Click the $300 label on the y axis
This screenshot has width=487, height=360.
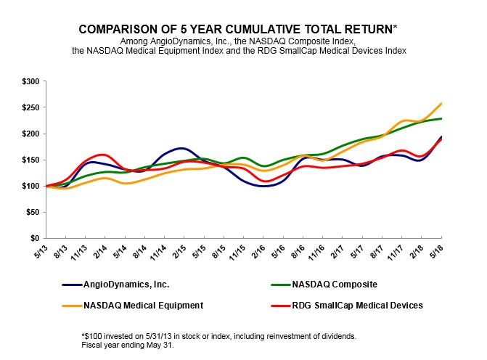(x=30, y=81)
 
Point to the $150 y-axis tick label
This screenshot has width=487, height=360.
(x=30, y=160)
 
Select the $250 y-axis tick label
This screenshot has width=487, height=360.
(x=30, y=107)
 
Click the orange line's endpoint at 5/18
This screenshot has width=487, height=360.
(x=441, y=104)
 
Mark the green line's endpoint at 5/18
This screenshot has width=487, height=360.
(x=441, y=118)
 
